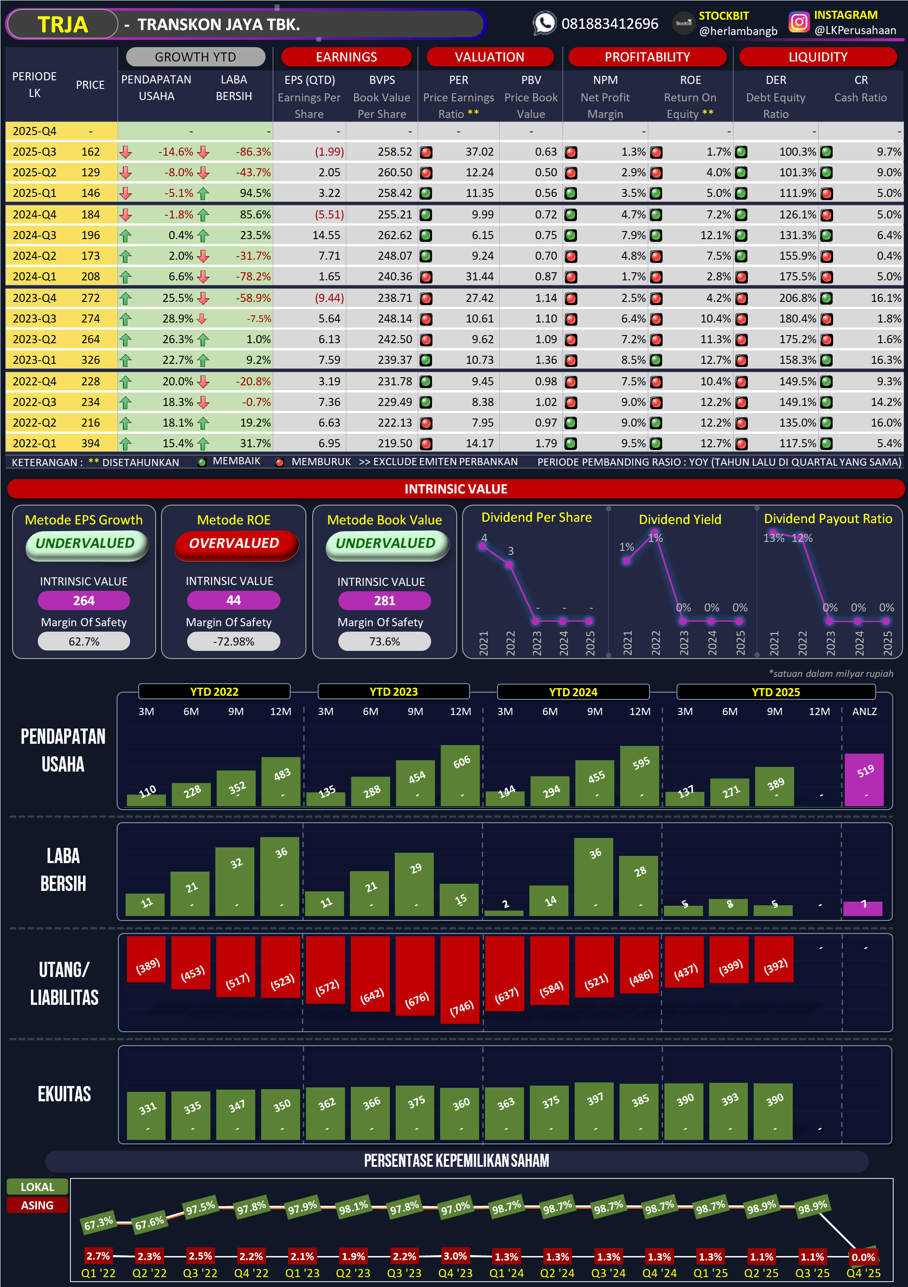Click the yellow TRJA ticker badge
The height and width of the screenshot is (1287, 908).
click(62, 25)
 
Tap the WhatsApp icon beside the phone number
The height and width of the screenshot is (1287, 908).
click(544, 23)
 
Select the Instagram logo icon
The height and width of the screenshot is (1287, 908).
click(799, 22)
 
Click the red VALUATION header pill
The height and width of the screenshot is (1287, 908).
click(489, 57)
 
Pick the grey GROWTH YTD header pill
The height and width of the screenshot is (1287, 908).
click(195, 57)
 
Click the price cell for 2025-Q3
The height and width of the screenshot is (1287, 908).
click(90, 152)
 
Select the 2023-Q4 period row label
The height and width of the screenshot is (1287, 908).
click(34, 298)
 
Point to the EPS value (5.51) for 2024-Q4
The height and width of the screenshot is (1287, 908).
click(329, 215)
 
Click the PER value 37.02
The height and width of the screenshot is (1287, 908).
click(479, 152)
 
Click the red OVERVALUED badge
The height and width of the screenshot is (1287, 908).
click(234, 544)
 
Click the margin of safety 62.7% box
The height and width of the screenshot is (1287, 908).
click(83, 641)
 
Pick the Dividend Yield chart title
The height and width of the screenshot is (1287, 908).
click(680, 519)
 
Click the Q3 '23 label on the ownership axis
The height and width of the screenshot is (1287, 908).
click(404, 1273)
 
